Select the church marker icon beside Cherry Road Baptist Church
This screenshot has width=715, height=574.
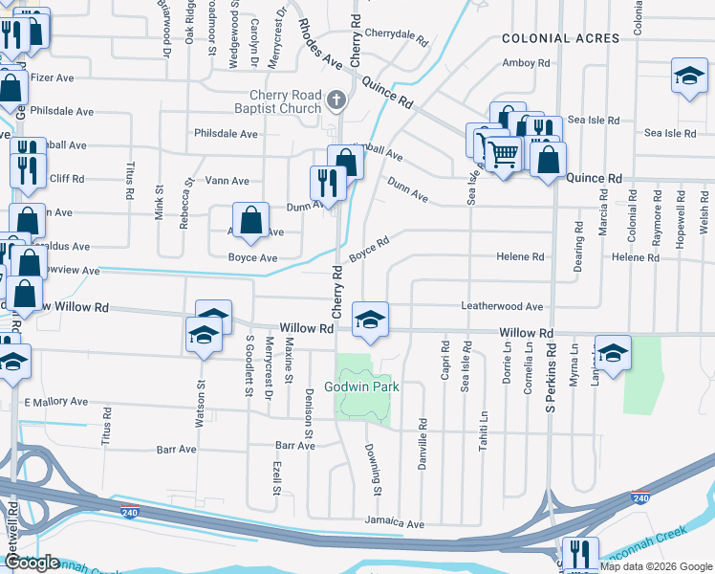(336, 99)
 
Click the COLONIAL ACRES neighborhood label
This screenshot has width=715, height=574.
(561, 38)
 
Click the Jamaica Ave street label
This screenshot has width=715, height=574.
(394, 524)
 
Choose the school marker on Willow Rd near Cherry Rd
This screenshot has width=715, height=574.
(370, 318)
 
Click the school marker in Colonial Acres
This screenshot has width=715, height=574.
(687, 76)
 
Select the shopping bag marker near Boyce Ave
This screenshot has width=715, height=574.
(249, 220)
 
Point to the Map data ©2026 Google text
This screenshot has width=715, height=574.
(656, 566)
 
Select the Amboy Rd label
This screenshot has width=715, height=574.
(527, 63)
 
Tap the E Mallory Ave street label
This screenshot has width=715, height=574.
(55, 402)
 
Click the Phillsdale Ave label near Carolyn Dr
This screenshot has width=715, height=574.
(226, 134)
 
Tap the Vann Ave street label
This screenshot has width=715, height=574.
(227, 181)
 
